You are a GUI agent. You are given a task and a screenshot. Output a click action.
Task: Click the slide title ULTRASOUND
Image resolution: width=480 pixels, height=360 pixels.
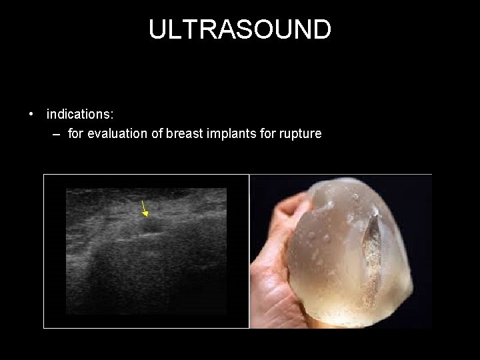pyautogui.click(x=239, y=30)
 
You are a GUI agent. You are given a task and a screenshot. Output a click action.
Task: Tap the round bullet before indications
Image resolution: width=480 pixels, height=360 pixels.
pyautogui.click(x=31, y=115)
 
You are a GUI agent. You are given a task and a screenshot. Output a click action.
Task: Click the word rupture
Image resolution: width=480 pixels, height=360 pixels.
pyautogui.click(x=299, y=134)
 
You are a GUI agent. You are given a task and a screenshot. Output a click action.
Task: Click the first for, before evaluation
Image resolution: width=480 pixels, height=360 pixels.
pyautogui.click(x=75, y=134)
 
